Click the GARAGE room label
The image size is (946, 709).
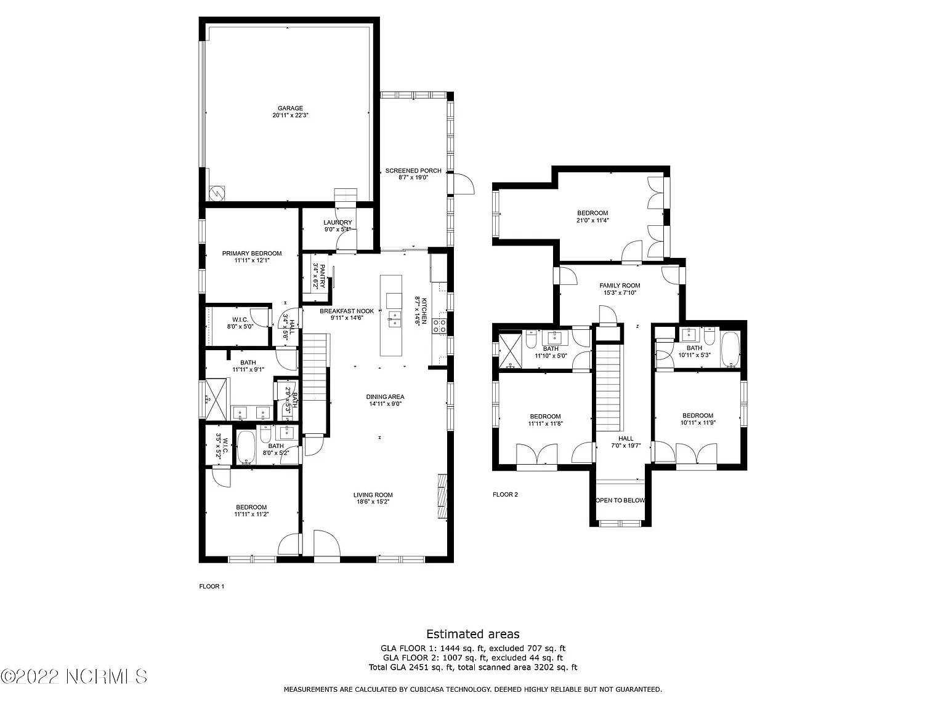290,108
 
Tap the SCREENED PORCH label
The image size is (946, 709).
413,171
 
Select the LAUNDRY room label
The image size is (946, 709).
338,223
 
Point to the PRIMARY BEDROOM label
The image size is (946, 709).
252,254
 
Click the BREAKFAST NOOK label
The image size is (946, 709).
347,311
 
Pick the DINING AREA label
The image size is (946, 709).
386,397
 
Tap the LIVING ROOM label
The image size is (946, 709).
373,495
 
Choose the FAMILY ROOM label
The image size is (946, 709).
620,286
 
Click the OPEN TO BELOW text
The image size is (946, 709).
620,500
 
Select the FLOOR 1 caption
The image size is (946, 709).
212,587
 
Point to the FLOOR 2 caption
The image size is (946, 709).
505,495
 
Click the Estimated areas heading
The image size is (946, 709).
473,634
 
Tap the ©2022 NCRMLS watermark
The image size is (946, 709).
74,676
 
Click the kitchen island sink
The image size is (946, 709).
394,321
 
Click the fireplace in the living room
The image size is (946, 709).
443,496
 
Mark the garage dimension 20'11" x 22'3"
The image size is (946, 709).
290,115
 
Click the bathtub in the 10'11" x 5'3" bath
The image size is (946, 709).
730,350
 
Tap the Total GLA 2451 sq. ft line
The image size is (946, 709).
473,667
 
